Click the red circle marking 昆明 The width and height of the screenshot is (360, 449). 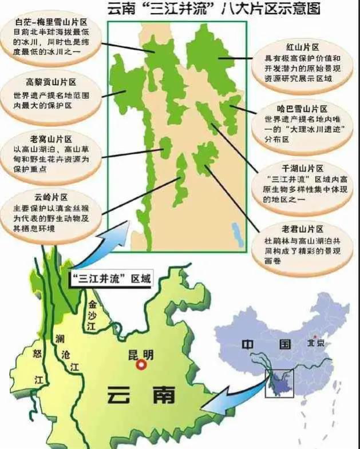[142, 364]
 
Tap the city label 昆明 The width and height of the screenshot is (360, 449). [143, 353]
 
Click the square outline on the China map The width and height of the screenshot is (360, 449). [279, 383]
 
